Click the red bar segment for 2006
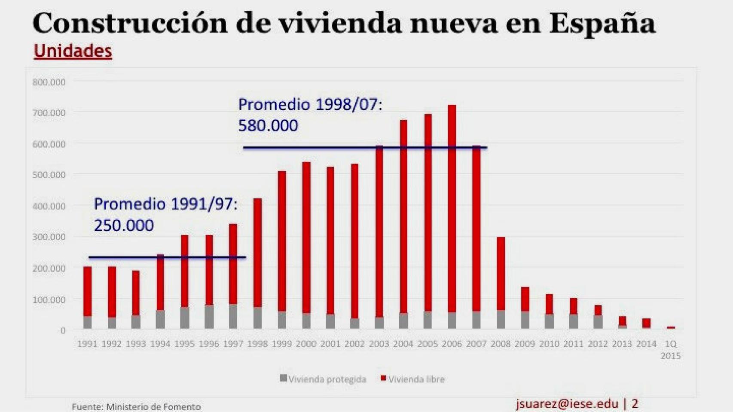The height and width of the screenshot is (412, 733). point(452,206)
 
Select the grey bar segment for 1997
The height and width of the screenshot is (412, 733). point(233,317)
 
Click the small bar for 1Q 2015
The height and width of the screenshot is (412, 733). point(671,327)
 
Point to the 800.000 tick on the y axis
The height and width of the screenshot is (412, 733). point(49,82)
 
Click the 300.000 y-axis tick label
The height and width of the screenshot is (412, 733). point(49,237)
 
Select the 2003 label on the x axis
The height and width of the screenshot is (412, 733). point(379,344)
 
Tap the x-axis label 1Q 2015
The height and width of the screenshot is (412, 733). point(671,349)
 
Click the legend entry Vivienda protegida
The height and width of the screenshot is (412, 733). point(323,379)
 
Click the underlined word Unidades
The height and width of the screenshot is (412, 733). point(73,51)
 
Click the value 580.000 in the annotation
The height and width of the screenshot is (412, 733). point(268,126)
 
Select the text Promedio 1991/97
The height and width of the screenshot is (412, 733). point(165,204)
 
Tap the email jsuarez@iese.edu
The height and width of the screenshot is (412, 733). point(567,403)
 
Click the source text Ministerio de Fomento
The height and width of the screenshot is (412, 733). point(153,406)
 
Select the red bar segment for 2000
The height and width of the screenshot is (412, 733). point(306,236)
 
